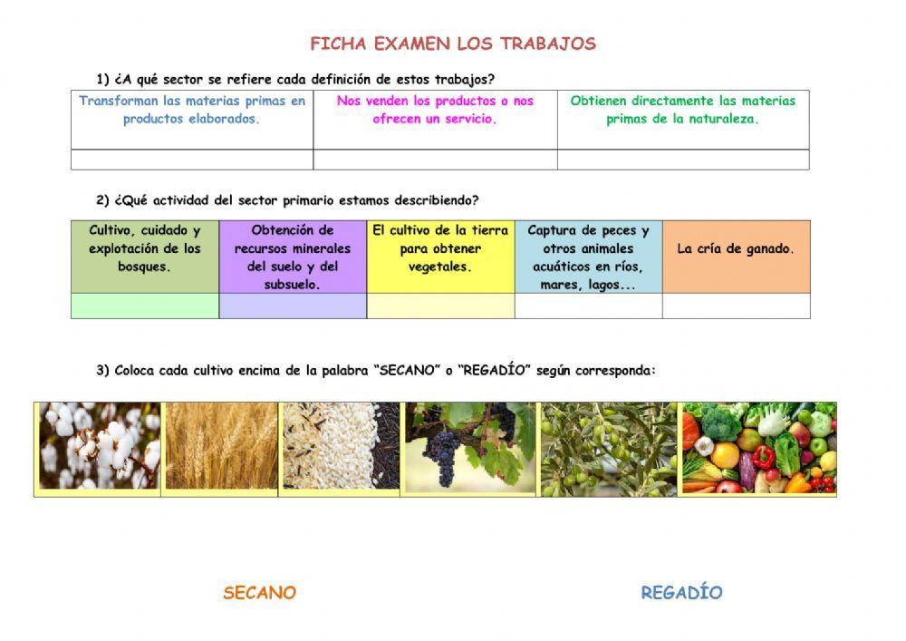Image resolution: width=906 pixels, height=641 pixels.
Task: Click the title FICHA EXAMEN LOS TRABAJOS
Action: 453,44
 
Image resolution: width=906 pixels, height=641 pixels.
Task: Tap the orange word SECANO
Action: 259,593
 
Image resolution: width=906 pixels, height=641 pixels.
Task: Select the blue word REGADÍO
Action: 681,593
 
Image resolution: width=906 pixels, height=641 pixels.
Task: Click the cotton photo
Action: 99,447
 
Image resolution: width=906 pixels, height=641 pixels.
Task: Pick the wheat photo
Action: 220,447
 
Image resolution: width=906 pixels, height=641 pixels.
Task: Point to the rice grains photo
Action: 340,447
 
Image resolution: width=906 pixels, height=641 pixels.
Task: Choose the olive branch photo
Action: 608,449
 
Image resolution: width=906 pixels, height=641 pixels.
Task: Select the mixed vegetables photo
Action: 757,449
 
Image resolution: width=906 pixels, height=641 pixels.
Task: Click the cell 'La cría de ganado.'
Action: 736,249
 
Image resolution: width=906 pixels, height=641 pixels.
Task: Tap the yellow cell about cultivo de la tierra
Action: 440,249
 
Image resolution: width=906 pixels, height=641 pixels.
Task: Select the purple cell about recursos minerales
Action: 293,257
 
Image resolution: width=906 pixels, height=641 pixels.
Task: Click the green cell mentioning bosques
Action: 145,249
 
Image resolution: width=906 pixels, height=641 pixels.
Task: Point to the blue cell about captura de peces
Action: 588,257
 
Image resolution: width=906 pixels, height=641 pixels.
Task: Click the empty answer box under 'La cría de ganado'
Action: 736,306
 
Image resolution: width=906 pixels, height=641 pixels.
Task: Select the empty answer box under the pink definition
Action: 435,160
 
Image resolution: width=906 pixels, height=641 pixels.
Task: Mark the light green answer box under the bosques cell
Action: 145,306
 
